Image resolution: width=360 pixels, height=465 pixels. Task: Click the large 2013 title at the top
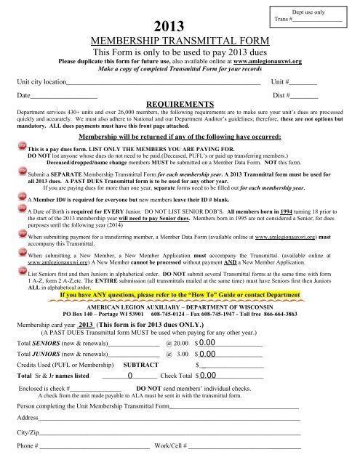[x=164, y=28]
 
